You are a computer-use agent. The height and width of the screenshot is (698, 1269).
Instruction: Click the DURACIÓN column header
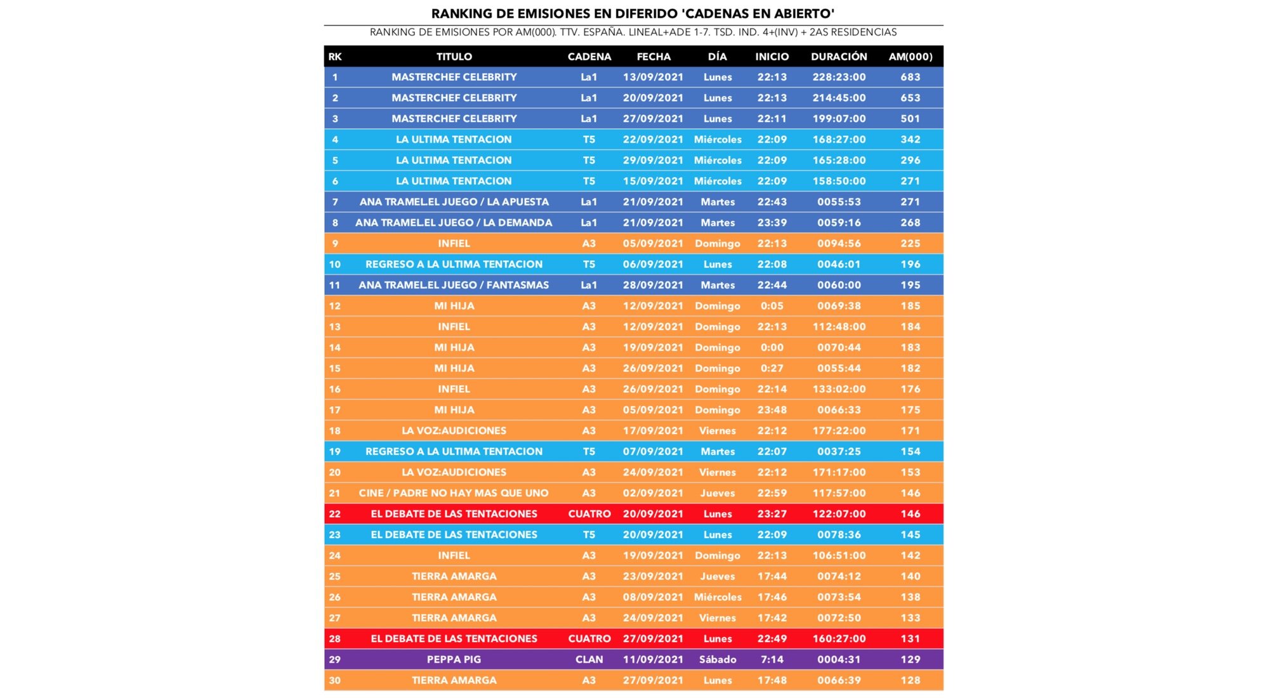coord(839,56)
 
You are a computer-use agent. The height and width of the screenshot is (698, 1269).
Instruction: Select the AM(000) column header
coord(910,56)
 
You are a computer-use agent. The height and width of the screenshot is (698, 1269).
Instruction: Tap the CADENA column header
coord(589,56)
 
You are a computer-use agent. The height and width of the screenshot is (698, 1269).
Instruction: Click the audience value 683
coord(910,77)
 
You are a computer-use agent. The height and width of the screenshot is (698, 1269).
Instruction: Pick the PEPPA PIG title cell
coord(454,659)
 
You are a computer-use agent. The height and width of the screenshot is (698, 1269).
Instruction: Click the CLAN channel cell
coord(589,659)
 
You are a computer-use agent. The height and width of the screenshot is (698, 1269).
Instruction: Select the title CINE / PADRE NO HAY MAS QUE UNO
coord(454,493)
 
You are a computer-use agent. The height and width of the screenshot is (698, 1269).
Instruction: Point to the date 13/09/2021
coord(653,77)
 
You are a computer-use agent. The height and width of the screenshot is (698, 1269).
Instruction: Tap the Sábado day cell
coord(718,659)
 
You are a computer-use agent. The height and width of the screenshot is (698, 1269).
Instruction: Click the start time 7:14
coord(772,659)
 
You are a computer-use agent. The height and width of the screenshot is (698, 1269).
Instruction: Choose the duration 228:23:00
coord(839,77)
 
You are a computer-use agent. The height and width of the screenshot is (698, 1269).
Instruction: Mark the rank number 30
coord(335,680)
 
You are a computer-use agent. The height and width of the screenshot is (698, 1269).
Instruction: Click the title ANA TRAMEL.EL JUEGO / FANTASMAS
coord(454,285)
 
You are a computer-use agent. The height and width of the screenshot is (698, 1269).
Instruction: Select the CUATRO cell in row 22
coord(589,514)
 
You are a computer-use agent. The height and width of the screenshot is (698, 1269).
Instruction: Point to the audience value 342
coord(910,140)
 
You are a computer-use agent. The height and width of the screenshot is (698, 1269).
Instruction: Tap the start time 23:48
coord(772,410)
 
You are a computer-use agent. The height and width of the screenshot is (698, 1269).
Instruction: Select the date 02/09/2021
coord(653,493)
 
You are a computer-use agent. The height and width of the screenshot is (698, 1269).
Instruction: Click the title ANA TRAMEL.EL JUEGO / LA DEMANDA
coord(454,223)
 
